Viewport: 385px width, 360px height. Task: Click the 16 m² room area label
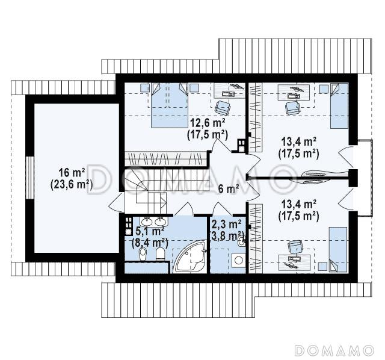point(72,173)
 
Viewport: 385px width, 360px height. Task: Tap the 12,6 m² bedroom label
point(208,122)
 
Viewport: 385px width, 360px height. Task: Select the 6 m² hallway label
point(229,189)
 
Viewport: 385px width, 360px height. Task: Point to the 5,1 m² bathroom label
point(150,231)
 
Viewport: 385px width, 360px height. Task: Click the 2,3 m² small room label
point(227,224)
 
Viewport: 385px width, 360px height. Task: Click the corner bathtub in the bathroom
point(190,257)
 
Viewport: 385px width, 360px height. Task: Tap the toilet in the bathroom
point(161,253)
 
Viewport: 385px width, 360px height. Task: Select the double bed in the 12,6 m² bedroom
point(170,105)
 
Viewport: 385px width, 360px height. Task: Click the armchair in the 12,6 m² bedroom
point(223,108)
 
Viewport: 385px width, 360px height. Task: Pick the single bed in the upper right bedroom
point(339,106)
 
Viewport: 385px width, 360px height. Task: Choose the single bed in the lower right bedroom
point(338,249)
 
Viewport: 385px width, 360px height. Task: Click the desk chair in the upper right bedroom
point(292,108)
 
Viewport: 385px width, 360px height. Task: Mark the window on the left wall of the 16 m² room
point(29,178)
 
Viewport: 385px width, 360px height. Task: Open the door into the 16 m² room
point(116,202)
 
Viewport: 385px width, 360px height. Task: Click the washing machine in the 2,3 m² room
point(238,260)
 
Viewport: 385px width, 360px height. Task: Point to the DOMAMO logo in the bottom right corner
point(334,350)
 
